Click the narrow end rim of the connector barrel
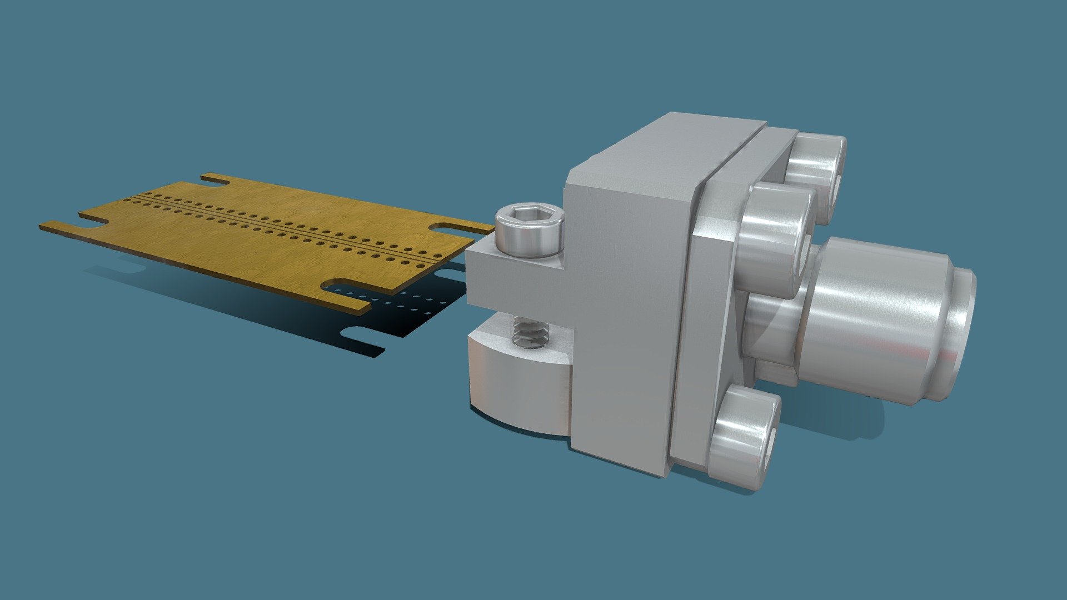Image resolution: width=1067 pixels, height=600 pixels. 964,333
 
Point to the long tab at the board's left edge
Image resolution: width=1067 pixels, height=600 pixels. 61,227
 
